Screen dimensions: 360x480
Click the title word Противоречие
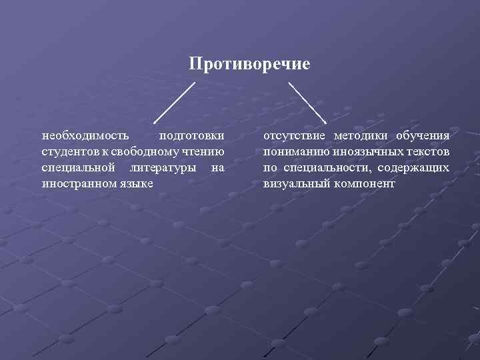coord(249,64)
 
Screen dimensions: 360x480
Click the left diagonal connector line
coord(175,103)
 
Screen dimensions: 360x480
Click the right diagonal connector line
coord(307,103)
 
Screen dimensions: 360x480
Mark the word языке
coord(135,183)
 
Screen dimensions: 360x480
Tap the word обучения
coord(423,135)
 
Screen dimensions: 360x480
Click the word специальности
coord(321,167)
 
